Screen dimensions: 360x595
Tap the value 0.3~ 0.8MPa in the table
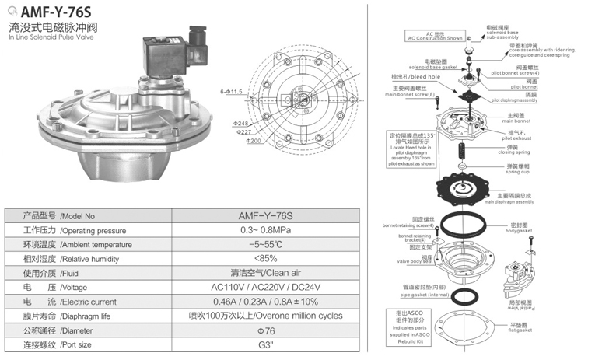click(x=265, y=231)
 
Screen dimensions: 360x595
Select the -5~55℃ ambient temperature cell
click(x=265, y=245)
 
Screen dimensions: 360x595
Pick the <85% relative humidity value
click(x=265, y=259)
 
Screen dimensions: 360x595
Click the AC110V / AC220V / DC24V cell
click(x=265, y=287)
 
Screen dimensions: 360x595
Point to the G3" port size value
click(x=265, y=344)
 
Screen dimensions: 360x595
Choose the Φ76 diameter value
click(x=265, y=330)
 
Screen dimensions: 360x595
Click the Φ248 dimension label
click(x=240, y=124)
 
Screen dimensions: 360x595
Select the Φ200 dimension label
click(x=254, y=142)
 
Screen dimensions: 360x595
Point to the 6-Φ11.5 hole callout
click(x=232, y=92)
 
